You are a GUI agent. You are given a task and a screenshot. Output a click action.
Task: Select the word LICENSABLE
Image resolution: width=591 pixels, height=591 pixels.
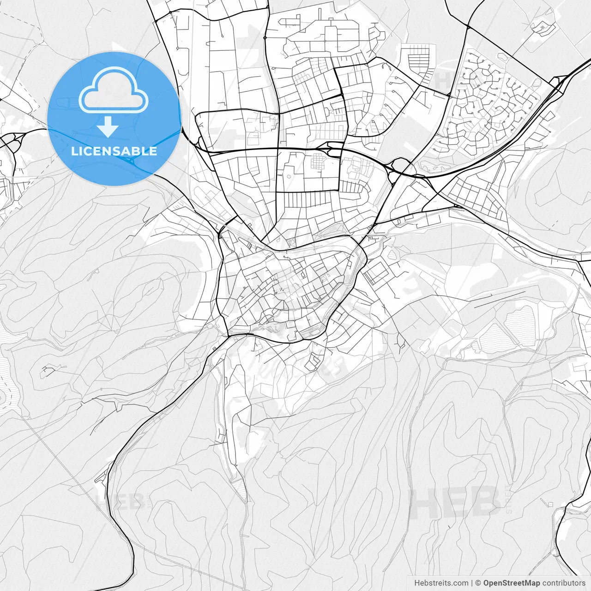point(114,151)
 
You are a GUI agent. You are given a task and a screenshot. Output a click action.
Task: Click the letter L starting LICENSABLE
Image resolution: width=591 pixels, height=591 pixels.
point(74,151)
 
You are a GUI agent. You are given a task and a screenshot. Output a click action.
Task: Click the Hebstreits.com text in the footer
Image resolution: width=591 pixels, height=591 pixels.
point(441,583)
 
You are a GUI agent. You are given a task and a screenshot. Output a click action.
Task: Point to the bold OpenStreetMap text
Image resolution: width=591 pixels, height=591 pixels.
point(512,583)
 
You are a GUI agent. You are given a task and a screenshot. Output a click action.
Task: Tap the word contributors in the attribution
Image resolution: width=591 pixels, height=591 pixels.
point(564,583)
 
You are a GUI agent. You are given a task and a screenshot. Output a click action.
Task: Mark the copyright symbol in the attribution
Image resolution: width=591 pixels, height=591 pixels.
point(478,583)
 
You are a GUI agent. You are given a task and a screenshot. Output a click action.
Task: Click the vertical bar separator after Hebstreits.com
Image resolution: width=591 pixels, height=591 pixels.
point(471,583)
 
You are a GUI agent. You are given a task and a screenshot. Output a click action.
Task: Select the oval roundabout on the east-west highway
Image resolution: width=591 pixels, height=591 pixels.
point(400,165)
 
